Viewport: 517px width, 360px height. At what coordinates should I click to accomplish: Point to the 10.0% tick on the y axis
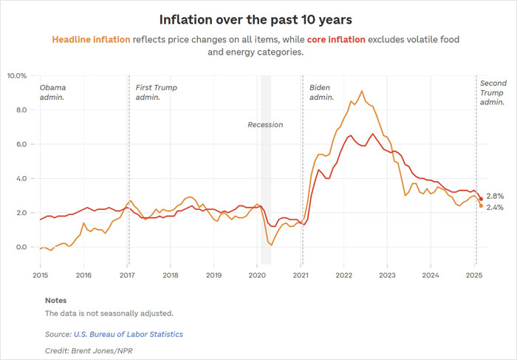tap(17, 75)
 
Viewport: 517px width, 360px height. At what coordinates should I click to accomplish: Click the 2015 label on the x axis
tap(40, 274)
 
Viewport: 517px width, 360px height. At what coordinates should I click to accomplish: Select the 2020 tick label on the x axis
tap(257, 274)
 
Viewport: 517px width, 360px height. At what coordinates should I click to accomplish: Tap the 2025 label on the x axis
tap(473, 274)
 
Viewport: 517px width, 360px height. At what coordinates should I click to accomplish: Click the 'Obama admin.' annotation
tap(52, 92)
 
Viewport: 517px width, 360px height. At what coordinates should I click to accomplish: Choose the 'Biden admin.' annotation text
tap(321, 92)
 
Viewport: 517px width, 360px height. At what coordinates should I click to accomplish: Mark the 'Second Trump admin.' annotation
tap(492, 92)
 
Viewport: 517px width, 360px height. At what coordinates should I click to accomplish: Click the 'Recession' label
tap(265, 125)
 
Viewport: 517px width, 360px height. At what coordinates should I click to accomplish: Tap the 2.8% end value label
tap(496, 196)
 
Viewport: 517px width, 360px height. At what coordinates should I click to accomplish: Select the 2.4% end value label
tap(496, 208)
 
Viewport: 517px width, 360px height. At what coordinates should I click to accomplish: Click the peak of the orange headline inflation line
tap(362, 91)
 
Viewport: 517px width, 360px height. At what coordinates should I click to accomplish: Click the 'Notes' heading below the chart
tap(55, 301)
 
